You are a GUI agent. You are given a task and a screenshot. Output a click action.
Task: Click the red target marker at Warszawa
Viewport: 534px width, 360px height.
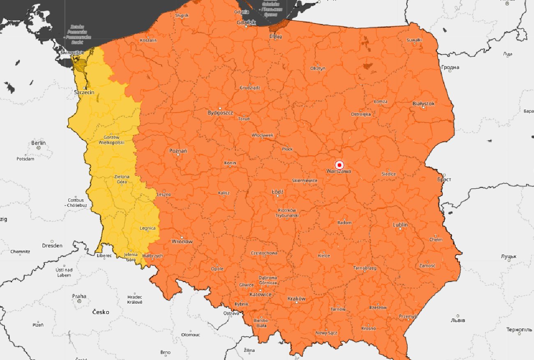[x=339, y=164]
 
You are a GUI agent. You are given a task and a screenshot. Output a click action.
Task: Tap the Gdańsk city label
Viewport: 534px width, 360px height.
[x=246, y=23]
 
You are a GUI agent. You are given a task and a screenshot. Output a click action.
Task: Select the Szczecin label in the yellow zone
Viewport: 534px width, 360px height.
[x=84, y=92]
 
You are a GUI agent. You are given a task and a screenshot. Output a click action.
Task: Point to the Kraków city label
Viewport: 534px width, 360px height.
[x=297, y=299]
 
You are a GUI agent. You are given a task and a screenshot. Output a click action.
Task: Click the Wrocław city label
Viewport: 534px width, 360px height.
[x=182, y=241]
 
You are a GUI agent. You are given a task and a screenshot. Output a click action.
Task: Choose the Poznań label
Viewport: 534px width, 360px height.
[x=178, y=151]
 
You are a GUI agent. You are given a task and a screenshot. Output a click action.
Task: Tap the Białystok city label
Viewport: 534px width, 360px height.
[x=424, y=104]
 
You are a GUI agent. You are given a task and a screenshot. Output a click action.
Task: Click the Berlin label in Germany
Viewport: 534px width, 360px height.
[x=39, y=143]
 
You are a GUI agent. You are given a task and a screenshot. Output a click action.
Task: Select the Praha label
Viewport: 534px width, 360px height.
[x=79, y=296]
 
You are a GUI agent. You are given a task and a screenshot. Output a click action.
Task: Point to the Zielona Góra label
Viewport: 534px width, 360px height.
[x=122, y=179]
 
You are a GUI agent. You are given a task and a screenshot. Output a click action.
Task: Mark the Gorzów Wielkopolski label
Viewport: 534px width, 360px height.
[x=111, y=140]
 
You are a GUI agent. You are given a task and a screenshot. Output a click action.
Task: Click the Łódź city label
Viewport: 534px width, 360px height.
[x=278, y=192]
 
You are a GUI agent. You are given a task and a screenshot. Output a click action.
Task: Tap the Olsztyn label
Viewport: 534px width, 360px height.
[x=318, y=68]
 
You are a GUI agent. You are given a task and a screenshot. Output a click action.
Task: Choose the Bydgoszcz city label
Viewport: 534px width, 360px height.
[x=220, y=112]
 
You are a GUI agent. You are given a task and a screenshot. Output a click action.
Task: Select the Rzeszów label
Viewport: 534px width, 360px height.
[x=378, y=307]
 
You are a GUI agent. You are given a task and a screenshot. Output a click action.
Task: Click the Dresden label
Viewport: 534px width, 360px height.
[x=52, y=246]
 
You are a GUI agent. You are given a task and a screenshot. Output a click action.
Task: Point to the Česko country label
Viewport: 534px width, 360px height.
[x=101, y=312]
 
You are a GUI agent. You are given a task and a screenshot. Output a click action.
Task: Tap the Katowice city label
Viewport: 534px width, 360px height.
[x=260, y=295]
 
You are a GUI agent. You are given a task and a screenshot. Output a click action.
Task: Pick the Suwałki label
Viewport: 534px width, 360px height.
[x=414, y=40]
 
